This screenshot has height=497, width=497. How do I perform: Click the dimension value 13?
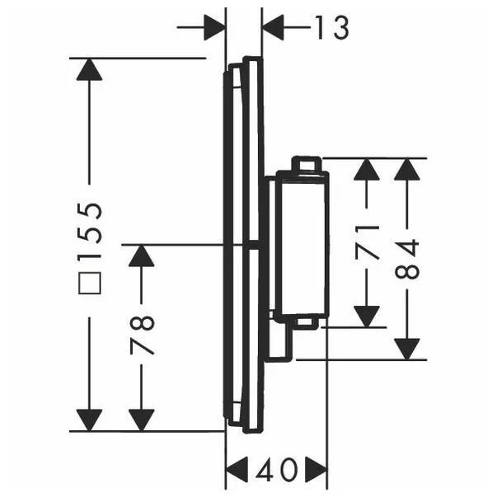331,27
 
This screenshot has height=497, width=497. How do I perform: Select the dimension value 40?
276,471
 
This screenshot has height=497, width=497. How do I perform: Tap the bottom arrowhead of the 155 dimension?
90,419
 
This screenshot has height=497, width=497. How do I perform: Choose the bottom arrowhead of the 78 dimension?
142,419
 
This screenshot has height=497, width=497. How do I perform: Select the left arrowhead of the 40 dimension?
237,471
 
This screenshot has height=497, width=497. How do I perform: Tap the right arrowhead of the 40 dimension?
316,471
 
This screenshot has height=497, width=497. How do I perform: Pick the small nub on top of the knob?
307,164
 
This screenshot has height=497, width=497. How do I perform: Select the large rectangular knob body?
300,242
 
